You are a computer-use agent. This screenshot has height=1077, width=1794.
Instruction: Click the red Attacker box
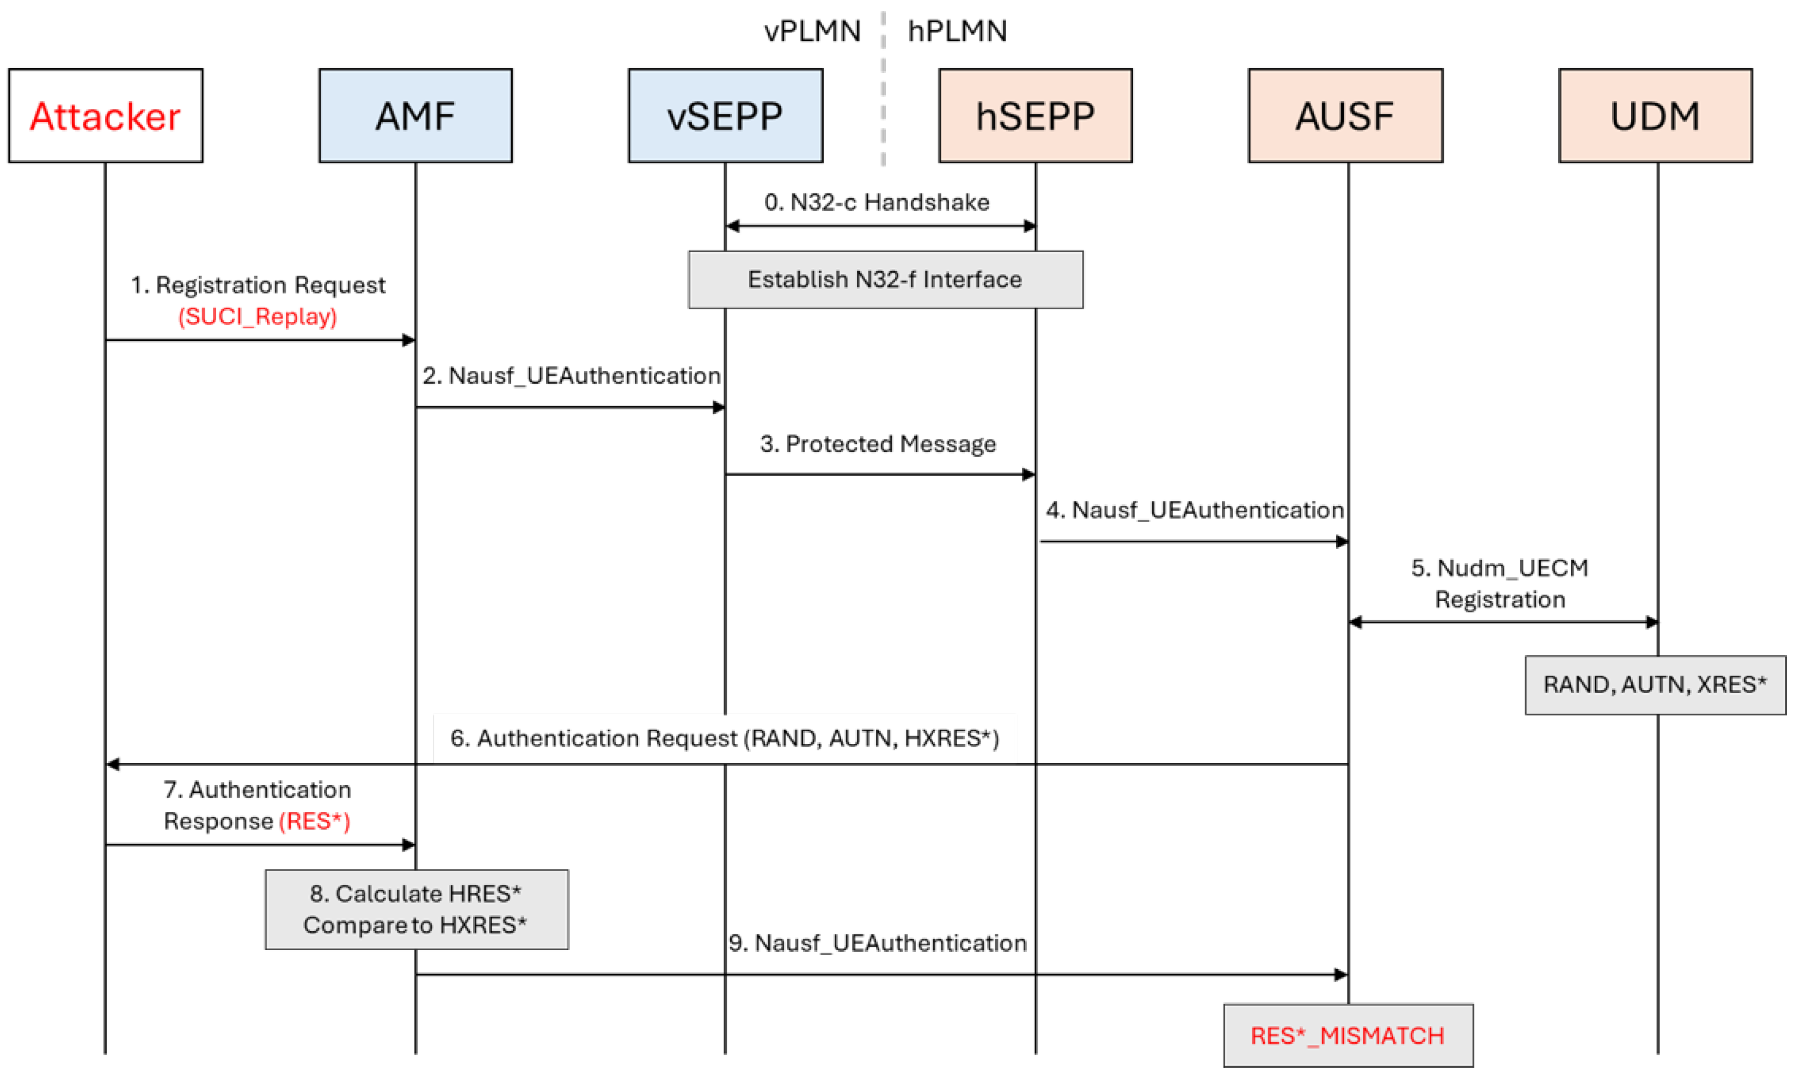[x=105, y=115]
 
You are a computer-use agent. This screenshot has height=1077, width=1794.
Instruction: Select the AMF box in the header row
[x=415, y=115]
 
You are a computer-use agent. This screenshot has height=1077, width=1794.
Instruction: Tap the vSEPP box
[x=725, y=115]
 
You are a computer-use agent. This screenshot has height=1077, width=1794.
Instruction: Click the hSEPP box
[x=1035, y=115]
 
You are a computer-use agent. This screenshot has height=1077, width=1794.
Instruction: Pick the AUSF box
[x=1345, y=115]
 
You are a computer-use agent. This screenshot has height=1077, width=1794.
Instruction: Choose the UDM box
[x=1655, y=115]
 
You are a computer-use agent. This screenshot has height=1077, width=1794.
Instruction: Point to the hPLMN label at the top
[x=957, y=31]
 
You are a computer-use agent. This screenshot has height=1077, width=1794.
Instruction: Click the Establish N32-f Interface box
[x=885, y=279]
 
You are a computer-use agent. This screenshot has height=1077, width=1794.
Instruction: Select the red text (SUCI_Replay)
[x=258, y=316]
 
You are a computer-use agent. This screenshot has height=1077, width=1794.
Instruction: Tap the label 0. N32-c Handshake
[x=877, y=202]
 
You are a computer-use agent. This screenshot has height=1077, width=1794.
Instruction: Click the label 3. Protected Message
[x=878, y=443]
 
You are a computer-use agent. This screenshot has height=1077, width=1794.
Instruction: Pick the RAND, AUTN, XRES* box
[x=1655, y=684]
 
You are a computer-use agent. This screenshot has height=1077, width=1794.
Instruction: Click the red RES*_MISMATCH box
[x=1348, y=1035]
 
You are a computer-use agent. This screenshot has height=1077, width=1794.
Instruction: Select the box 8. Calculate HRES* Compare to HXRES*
[x=416, y=909]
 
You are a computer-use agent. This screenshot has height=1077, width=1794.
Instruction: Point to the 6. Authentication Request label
[x=724, y=738]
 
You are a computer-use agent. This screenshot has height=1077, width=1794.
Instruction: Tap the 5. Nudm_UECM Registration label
[x=1499, y=584]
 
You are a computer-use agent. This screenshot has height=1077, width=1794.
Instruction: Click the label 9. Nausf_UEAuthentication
[x=878, y=943]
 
